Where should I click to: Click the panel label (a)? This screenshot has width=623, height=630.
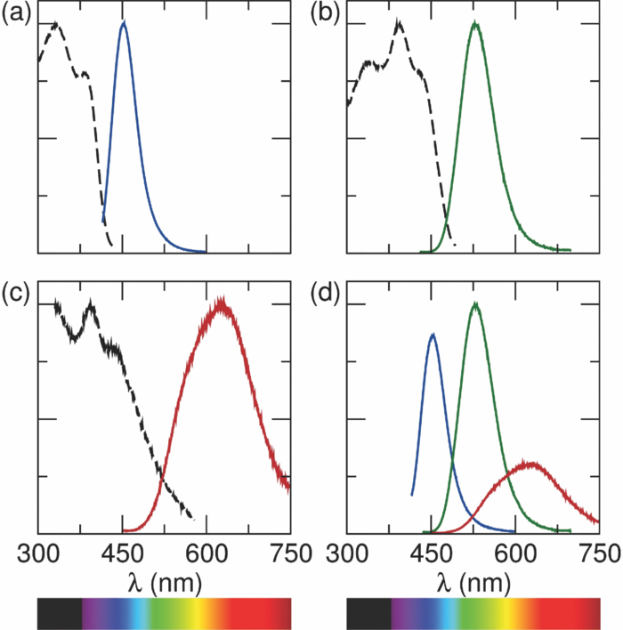[17, 14]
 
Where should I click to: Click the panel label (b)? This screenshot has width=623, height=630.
[327, 14]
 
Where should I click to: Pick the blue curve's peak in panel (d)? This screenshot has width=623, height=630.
[433, 335]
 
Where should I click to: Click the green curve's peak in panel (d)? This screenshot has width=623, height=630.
[475, 304]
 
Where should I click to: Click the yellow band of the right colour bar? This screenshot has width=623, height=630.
[513, 613]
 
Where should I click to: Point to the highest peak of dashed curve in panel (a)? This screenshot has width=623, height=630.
[56, 23]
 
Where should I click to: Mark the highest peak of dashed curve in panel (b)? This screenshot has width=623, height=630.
[399, 22]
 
